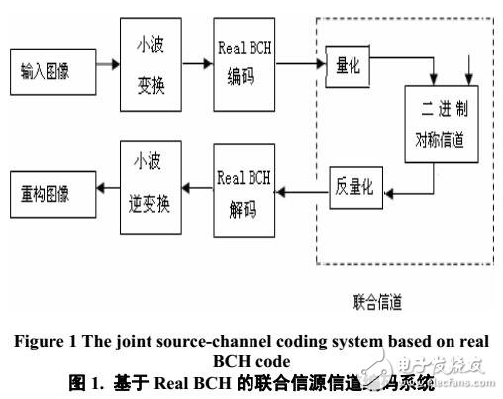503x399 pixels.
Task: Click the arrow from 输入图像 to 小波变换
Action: [x=103, y=68]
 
